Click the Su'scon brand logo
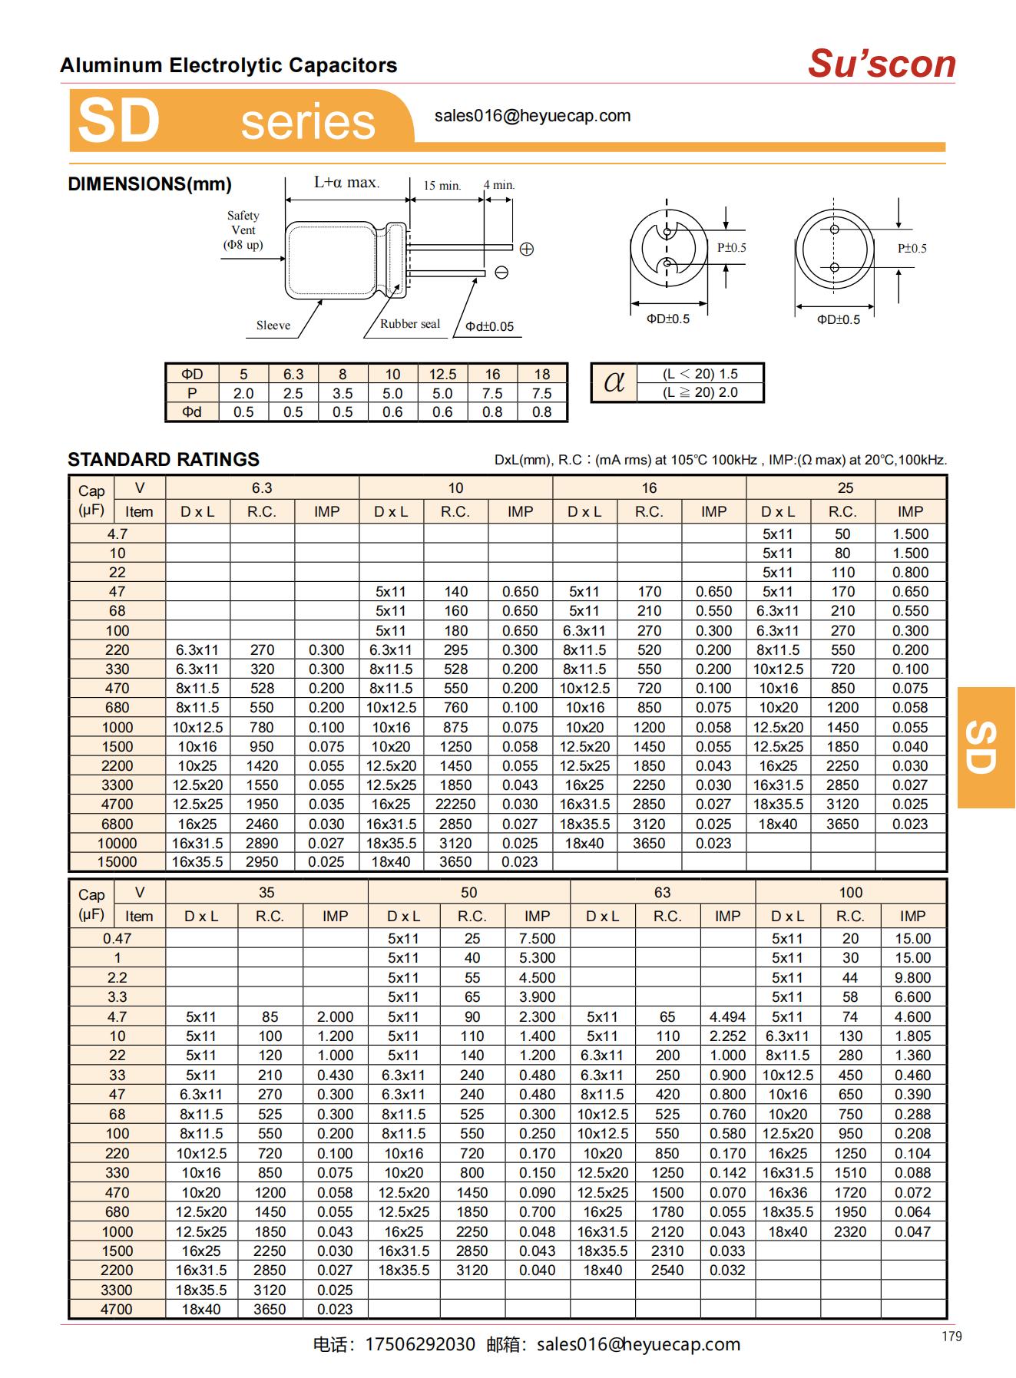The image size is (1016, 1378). [x=881, y=64]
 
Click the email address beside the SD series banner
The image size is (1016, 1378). [x=532, y=116]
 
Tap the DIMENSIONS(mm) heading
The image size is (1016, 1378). [x=150, y=184]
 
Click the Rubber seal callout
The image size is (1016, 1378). [x=410, y=324]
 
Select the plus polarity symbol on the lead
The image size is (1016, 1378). [x=527, y=249]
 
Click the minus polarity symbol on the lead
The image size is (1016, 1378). [x=501, y=273]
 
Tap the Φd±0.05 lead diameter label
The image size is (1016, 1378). [x=489, y=326]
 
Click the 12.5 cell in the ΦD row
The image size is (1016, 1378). [x=442, y=374]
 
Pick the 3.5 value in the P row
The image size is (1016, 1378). [x=343, y=393]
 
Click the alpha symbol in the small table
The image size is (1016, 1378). [x=614, y=382]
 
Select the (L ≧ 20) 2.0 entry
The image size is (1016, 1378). [x=700, y=392]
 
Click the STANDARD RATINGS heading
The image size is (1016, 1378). [x=164, y=460]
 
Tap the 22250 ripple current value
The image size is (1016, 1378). [x=455, y=804]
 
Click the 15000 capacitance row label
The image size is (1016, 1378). [x=117, y=862]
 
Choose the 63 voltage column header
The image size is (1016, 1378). [x=662, y=892]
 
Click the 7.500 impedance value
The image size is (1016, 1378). [x=537, y=938]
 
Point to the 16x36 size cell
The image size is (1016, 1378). [x=787, y=1192]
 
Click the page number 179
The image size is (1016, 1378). [x=951, y=1337]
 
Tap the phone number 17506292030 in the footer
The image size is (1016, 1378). [x=420, y=1344]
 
